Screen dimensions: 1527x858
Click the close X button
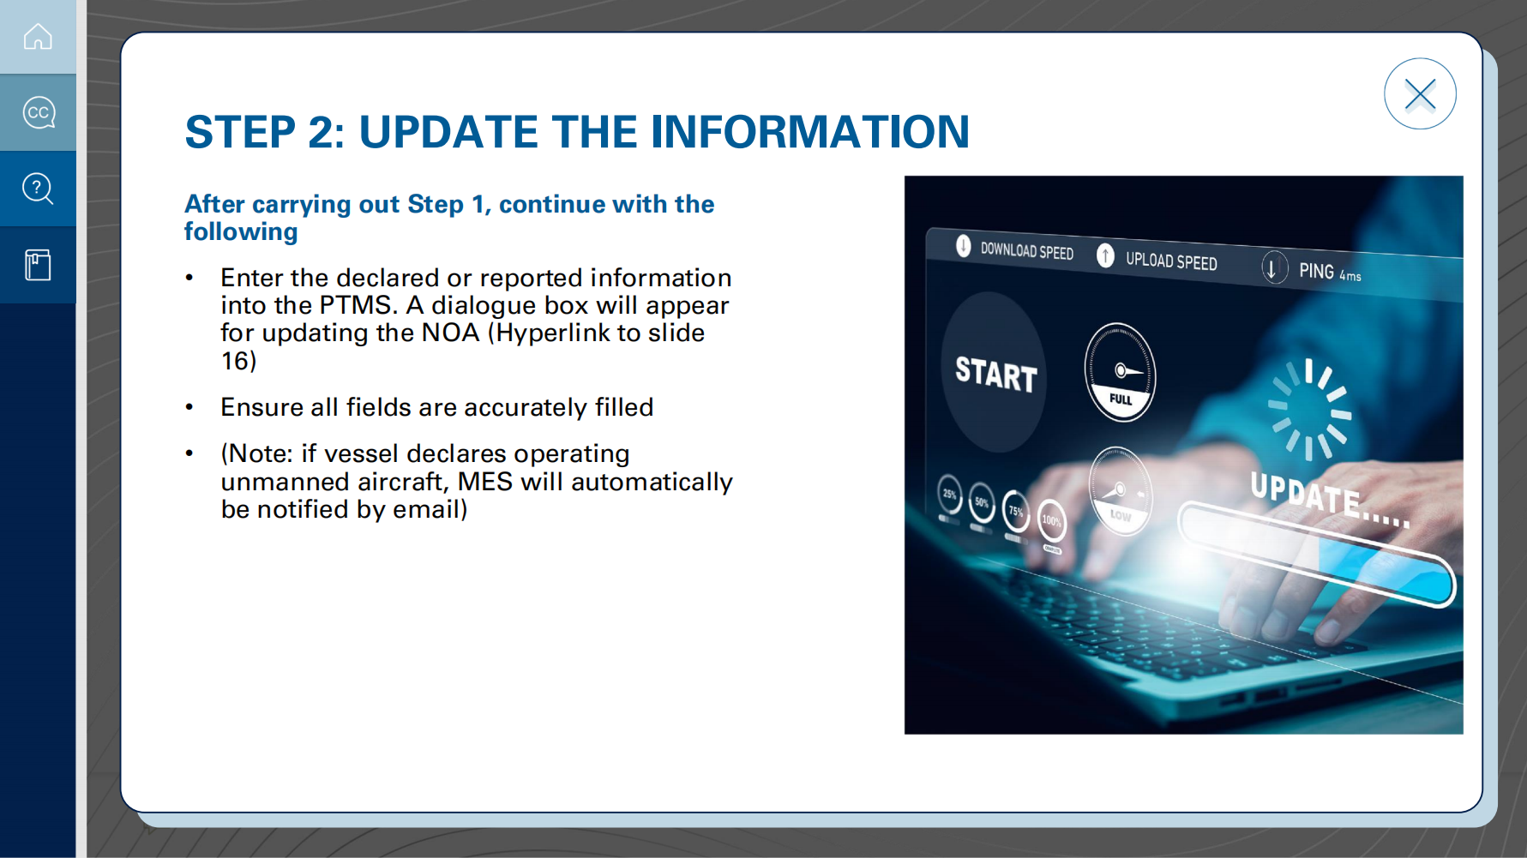(1420, 94)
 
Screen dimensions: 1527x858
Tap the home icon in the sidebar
(38, 37)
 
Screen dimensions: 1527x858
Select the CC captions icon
(39, 112)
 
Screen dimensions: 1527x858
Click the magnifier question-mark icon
(38, 189)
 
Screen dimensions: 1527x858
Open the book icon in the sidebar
(38, 265)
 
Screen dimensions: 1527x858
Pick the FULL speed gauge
(1120, 372)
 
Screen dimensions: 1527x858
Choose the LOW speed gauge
(1120, 491)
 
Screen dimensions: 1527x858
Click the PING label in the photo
(1316, 271)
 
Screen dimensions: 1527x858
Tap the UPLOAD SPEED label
(1171, 261)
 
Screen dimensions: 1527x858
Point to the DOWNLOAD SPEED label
(1026, 250)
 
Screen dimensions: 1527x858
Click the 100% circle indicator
(1052, 520)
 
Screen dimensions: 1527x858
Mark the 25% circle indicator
(949, 494)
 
